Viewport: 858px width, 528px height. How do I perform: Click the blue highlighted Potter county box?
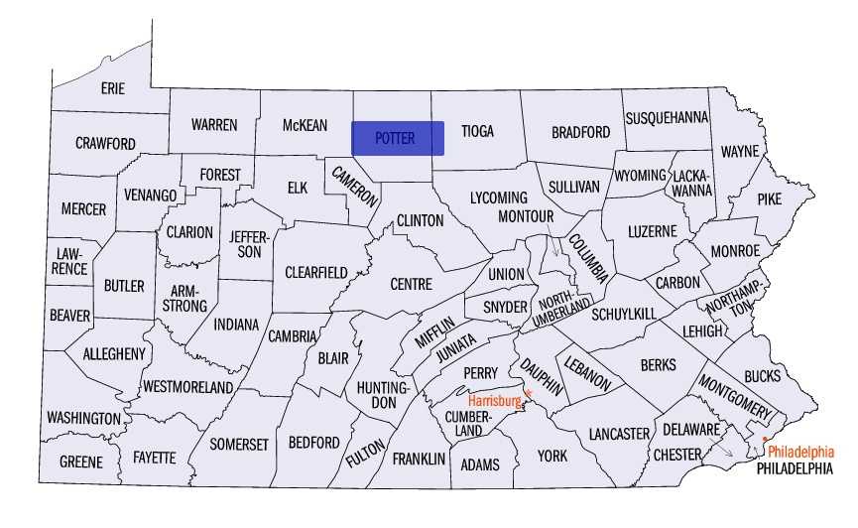coord(398,138)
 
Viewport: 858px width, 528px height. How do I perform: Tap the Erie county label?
coord(113,88)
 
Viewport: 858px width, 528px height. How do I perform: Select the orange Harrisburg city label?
coord(494,401)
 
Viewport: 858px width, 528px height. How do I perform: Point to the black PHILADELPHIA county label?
coord(794,468)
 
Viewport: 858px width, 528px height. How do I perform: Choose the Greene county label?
coord(80,462)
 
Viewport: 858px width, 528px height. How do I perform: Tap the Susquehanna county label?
coord(667,117)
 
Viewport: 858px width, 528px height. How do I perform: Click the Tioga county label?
coord(478,131)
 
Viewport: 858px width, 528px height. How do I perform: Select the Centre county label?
coord(411,284)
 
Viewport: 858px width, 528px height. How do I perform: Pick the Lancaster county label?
coord(618,434)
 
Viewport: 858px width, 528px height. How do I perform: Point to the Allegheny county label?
coord(114,353)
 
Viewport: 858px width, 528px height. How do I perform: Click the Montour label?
coord(525,215)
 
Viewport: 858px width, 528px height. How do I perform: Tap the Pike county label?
coord(769,198)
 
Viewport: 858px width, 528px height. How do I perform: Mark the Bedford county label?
coord(313,442)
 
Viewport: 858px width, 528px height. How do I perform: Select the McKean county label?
coord(305,125)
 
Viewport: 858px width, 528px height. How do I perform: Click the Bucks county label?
coord(762,376)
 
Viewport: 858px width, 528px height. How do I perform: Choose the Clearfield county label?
coord(316,272)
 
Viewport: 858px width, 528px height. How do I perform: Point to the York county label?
coord(552,456)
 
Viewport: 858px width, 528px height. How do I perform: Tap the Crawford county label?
coord(105,144)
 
